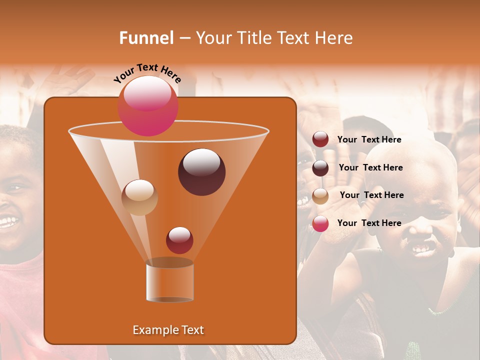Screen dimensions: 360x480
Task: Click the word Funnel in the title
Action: point(146,38)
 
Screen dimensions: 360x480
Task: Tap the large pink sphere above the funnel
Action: point(147,105)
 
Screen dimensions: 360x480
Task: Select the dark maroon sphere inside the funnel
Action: point(201,172)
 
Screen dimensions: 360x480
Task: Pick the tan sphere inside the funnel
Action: point(139,197)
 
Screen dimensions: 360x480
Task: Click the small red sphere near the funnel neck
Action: point(179,240)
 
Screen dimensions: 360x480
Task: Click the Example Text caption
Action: point(168,330)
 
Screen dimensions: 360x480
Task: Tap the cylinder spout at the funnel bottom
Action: point(169,282)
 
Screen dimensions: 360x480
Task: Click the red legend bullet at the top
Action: point(320,139)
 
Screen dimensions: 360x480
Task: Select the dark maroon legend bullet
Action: point(320,168)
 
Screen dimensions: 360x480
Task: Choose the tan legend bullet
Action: point(320,196)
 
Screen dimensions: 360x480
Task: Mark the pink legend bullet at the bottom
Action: point(320,223)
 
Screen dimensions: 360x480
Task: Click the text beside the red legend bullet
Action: point(369,140)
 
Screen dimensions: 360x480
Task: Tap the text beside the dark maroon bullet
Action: point(370,168)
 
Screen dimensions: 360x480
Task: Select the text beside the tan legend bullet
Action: point(371,195)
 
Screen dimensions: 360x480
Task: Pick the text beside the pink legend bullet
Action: point(369,223)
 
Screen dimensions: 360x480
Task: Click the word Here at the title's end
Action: point(334,38)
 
